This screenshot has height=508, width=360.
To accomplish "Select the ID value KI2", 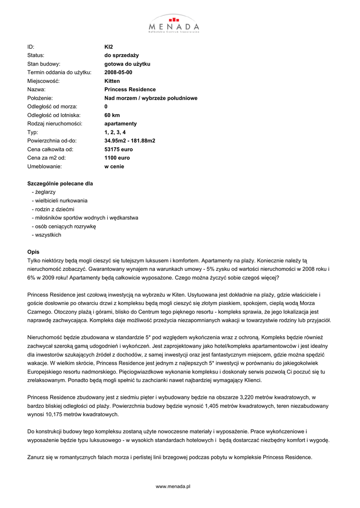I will [109, 47].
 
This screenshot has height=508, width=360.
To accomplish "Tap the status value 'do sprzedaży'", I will [122, 55].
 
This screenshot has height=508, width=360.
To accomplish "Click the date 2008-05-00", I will [118, 72].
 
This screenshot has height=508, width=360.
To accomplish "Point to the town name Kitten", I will [112, 81].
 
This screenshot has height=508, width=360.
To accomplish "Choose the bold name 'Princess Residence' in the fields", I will [130, 90].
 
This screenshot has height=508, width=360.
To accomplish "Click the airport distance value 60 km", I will [112, 115].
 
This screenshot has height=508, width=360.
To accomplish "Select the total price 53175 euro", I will [119, 149].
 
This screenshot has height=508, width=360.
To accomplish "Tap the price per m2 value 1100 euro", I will [117, 158].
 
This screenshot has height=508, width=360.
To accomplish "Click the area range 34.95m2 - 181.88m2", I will [130, 141].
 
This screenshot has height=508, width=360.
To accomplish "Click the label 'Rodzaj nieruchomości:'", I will [55, 124].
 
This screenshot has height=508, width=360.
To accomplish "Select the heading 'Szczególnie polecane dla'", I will [60, 184].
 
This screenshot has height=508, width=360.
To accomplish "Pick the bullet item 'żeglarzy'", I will [44, 191].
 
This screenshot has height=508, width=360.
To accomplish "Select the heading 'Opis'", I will [33, 252].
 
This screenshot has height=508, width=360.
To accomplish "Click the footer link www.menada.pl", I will [173, 487].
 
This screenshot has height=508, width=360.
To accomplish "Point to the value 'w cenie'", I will [114, 167].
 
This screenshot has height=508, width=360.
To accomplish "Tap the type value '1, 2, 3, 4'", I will [115, 132].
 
